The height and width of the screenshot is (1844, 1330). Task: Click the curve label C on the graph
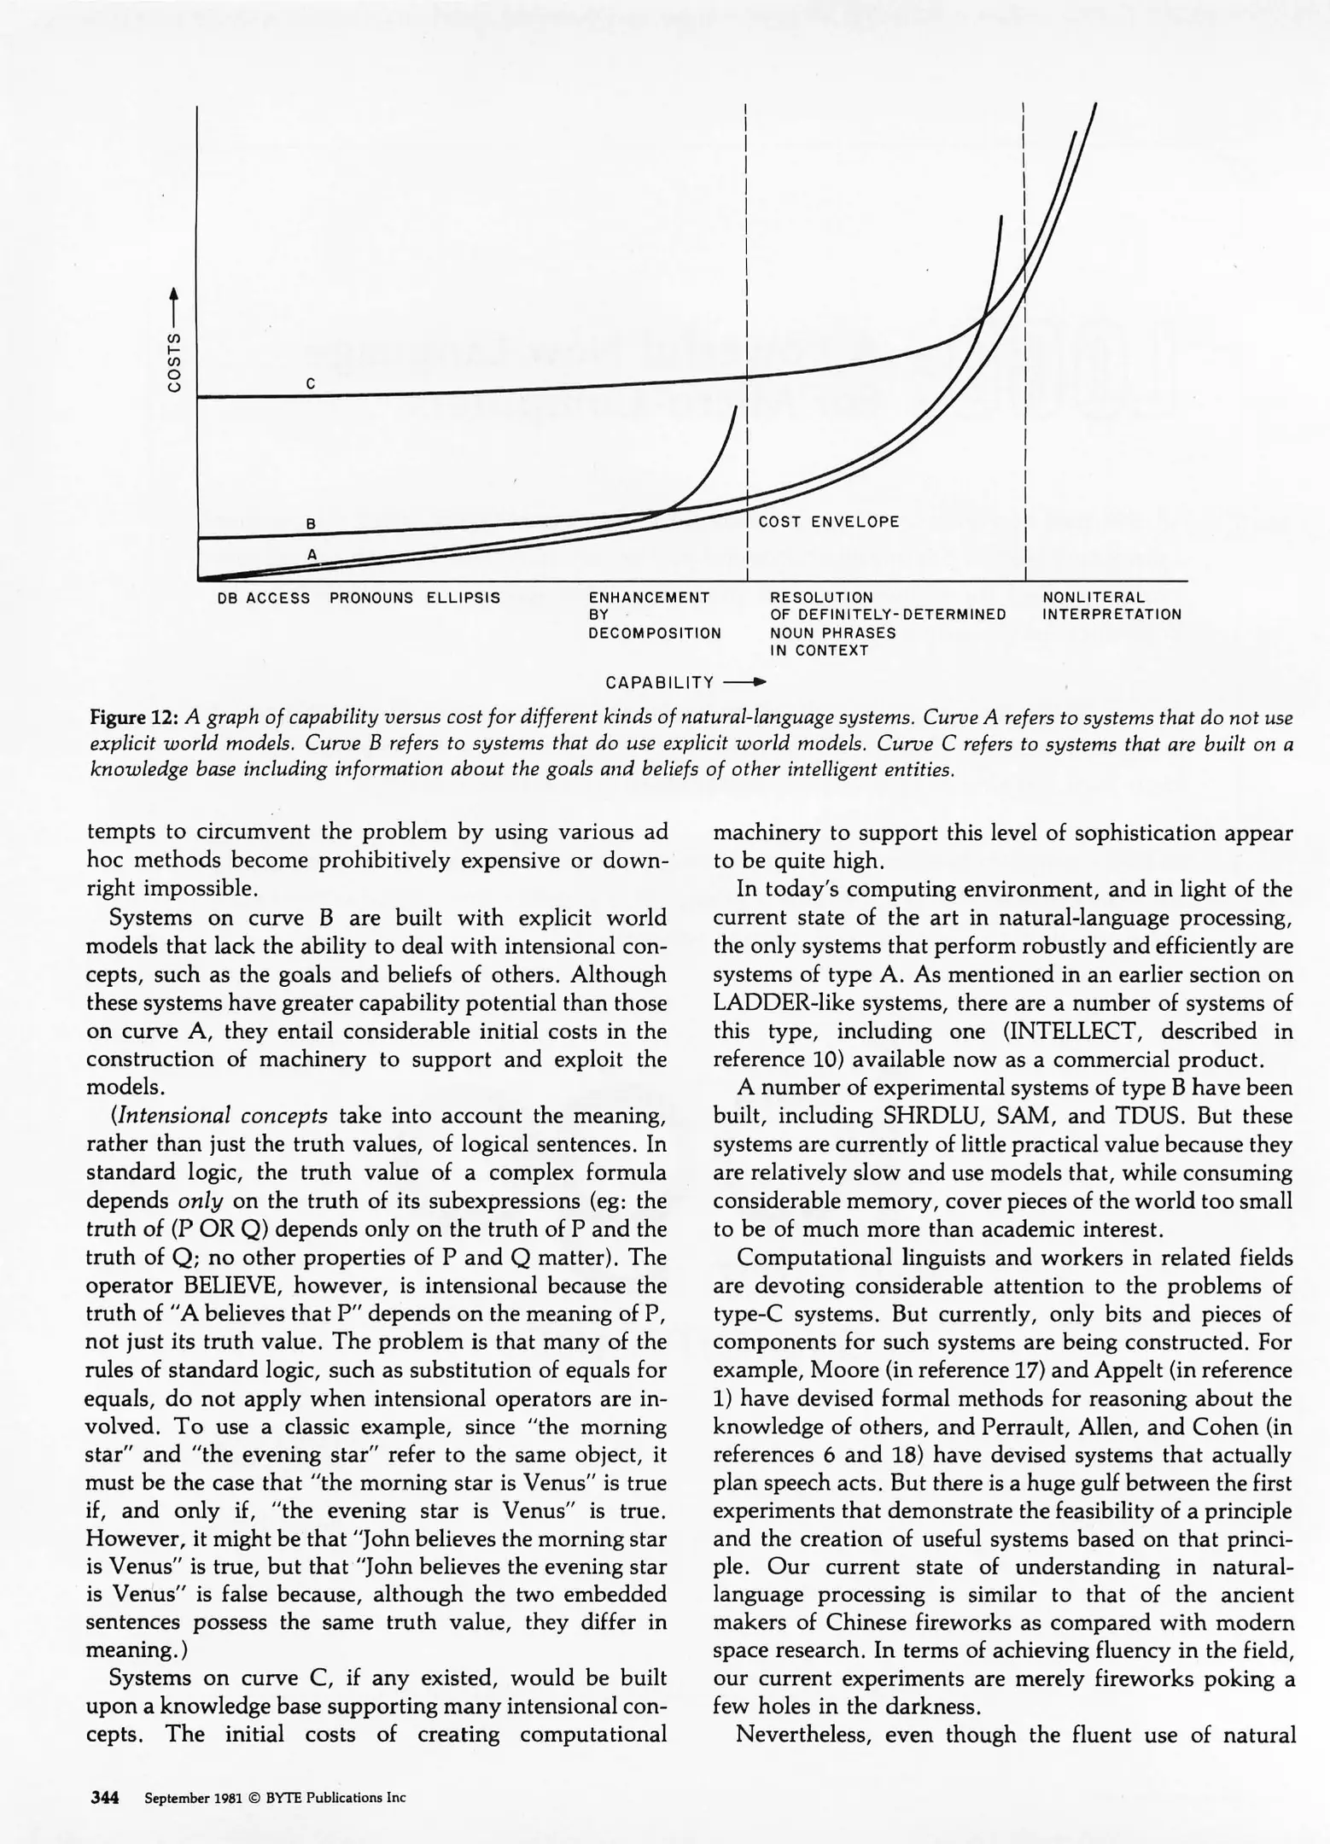point(312,384)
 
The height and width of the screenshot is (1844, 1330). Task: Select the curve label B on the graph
point(312,523)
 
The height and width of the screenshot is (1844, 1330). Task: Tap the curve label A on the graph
point(312,554)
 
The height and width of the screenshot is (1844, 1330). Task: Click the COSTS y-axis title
point(174,361)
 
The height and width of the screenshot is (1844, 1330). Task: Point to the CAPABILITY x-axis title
point(659,682)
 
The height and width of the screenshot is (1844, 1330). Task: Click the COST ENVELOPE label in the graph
point(829,522)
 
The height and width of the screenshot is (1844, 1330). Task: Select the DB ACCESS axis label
point(264,598)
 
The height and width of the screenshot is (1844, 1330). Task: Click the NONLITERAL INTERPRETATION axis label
point(1111,606)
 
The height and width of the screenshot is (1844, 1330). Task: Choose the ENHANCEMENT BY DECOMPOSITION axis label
point(654,615)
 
